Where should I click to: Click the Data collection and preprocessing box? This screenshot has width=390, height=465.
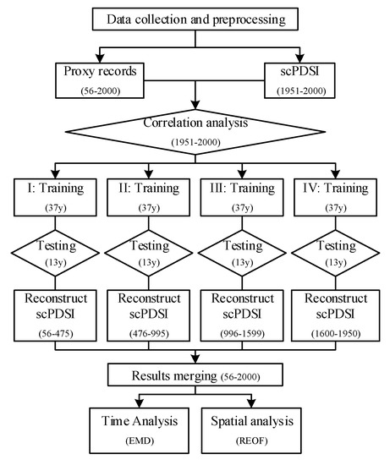195,19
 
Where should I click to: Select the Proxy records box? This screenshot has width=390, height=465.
100,80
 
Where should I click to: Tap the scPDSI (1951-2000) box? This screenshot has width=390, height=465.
299,80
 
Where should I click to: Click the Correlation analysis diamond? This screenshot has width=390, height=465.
195,132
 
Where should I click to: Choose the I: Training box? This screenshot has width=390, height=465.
55,197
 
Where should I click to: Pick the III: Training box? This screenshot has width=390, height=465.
242,197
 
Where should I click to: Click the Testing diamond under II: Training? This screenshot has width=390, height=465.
149,253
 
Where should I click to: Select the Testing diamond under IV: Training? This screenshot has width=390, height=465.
335,253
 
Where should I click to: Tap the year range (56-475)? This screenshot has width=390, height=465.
56,334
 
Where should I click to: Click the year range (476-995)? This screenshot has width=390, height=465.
149,334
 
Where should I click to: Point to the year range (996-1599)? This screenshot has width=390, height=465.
242,334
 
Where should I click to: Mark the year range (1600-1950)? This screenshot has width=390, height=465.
336,334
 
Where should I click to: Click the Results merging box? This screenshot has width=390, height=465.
195,375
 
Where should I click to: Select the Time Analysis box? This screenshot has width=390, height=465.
140,430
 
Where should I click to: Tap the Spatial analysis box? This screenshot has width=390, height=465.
251,430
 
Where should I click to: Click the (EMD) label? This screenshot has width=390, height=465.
140,441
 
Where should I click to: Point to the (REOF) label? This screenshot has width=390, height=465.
252,441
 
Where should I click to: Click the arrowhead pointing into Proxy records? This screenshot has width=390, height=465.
100,58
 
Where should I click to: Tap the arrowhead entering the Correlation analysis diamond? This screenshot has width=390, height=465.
195,106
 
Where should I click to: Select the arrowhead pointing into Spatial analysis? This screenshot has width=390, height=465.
251,403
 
